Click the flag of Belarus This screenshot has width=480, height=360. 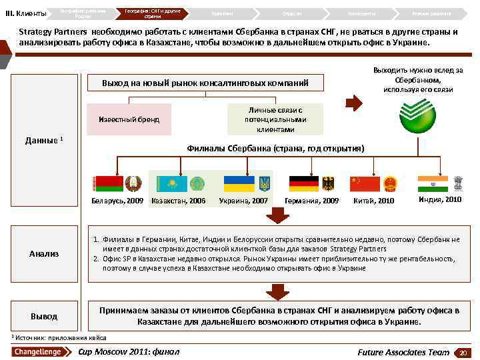[x=107, y=183]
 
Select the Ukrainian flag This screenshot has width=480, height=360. [x=239, y=183]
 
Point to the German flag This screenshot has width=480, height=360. [x=303, y=183]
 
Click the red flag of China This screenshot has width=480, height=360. [x=365, y=183]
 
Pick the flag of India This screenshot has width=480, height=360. [x=433, y=183]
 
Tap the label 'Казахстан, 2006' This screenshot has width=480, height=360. [x=179, y=201]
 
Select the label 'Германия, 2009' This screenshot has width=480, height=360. [x=311, y=201]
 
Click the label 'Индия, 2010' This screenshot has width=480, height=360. [x=440, y=199]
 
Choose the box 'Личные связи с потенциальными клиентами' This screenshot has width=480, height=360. [x=275, y=119]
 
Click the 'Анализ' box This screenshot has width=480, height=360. [x=44, y=253]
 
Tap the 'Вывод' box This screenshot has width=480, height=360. [x=44, y=316]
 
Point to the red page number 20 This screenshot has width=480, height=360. [x=462, y=352]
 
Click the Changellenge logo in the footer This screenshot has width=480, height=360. [x=38, y=352]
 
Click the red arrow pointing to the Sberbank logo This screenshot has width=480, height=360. [x=357, y=102]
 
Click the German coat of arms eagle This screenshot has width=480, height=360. [x=327, y=183]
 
